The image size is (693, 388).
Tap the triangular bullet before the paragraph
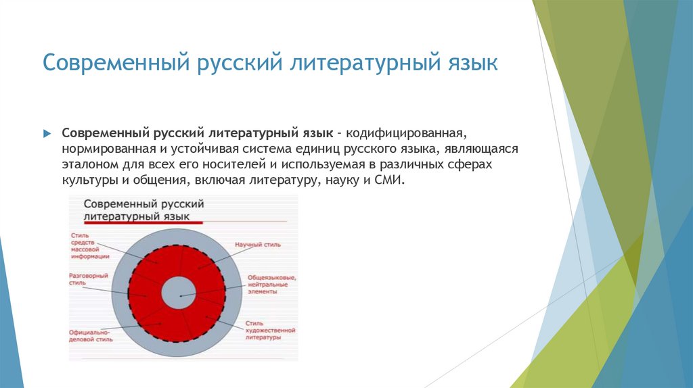(47, 134)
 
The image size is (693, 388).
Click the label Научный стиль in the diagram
(257, 244)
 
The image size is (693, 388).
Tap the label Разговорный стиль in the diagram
(87, 280)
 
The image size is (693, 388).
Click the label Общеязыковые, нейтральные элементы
(269, 285)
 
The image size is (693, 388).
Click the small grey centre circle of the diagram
(179, 295)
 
